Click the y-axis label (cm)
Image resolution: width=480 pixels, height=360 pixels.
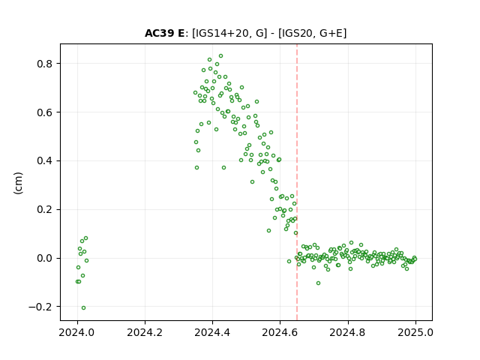(18, 183)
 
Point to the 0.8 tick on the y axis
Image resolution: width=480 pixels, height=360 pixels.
(45, 64)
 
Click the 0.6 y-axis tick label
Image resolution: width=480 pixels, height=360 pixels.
(45, 112)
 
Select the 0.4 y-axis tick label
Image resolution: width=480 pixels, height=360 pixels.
(45, 160)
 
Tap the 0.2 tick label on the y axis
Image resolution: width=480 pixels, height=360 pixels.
(45, 209)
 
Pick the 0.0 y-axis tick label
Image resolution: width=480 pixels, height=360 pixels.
(45, 258)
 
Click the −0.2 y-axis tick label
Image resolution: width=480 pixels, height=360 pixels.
(41, 307)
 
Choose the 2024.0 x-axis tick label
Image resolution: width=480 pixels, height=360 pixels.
(77, 332)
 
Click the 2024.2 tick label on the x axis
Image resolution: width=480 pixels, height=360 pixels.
(145, 332)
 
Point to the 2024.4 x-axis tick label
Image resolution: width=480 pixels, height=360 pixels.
(212, 332)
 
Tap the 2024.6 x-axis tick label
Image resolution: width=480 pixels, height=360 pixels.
(280, 332)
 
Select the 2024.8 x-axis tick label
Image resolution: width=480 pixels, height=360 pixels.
(348, 332)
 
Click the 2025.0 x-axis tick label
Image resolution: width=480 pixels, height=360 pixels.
(415, 332)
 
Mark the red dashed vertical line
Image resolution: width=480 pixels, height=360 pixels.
(297, 182)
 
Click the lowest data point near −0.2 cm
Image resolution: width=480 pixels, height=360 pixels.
(83, 308)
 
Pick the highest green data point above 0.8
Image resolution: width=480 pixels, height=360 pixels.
(220, 56)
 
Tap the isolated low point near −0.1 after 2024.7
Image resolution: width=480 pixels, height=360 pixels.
(318, 283)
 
